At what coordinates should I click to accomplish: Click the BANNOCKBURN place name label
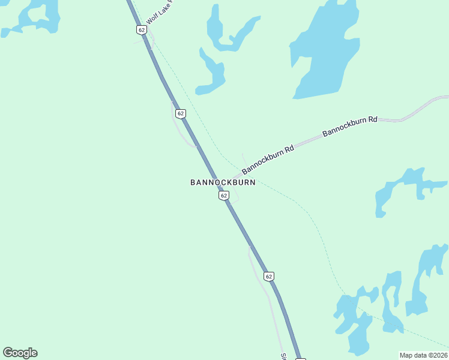223,182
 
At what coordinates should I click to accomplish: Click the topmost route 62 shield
141,29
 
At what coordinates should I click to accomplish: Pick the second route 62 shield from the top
181,113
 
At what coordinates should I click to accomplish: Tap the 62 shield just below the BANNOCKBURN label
223,196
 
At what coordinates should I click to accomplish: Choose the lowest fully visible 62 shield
268,276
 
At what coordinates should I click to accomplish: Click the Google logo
20,353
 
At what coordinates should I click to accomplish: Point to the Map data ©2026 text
423,355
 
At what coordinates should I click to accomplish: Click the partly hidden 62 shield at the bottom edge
301,358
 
